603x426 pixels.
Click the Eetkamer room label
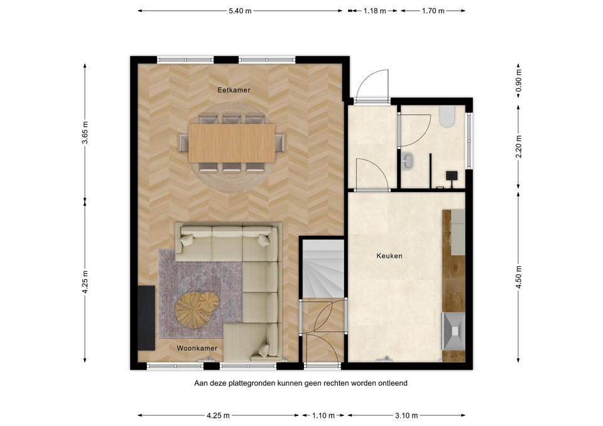click(234, 90)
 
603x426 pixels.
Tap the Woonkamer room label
click(197, 348)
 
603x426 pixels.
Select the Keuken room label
click(389, 256)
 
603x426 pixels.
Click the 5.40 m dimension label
click(240, 11)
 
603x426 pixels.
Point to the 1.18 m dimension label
click(374, 11)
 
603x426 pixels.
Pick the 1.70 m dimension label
click(433, 11)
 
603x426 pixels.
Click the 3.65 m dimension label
click(85, 132)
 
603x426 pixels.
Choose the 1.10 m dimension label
click(323, 415)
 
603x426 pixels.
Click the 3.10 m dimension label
click(406, 415)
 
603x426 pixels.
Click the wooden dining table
click(232, 143)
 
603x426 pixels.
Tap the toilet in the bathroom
click(447, 117)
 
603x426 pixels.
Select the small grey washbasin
click(408, 161)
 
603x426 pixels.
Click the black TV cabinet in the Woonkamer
click(146, 317)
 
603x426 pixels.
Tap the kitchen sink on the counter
click(454, 331)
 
